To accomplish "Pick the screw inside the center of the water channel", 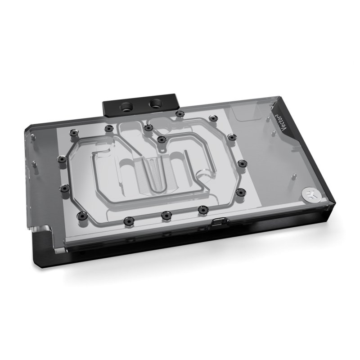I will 161,138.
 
